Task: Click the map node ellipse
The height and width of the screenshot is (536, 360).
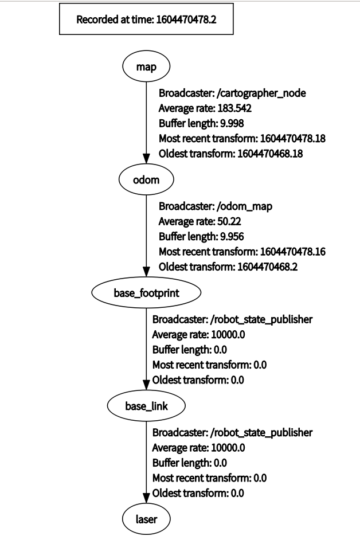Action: tap(146, 67)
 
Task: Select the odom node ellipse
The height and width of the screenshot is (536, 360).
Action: tap(146, 180)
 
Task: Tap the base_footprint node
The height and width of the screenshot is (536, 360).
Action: tap(146, 293)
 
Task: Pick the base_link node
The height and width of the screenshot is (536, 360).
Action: tap(146, 406)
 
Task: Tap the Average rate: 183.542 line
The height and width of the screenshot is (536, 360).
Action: tap(206, 108)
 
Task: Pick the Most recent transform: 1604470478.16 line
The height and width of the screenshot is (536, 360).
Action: tap(242, 251)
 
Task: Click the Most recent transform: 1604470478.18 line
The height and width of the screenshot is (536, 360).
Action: tap(242, 138)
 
